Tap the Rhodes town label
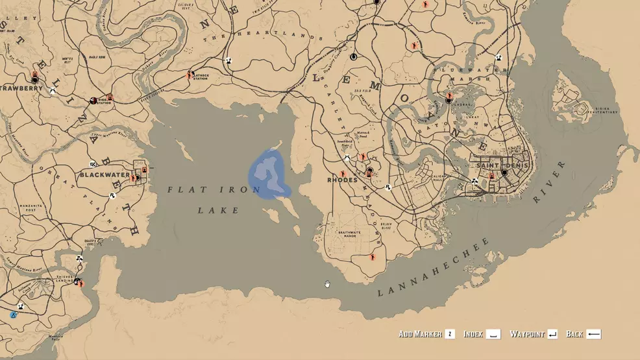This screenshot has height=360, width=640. pyautogui.click(x=342, y=180)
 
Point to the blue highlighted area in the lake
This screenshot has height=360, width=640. pyautogui.click(x=269, y=174)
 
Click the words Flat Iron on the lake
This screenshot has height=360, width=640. pyautogui.click(x=214, y=190)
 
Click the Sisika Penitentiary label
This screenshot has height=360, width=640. pyautogui.click(x=600, y=110)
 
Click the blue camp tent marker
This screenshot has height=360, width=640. pyautogui.click(x=13, y=315)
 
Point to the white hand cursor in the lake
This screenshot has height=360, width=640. pyautogui.click(x=327, y=283)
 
